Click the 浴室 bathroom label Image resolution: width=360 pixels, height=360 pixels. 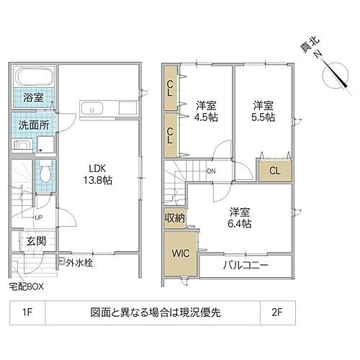pos(32,97)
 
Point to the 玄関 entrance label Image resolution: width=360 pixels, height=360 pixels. pos(36,241)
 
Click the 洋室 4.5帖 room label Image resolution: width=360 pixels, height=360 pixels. pos(207,111)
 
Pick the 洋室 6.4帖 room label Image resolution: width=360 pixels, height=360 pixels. pos(240,217)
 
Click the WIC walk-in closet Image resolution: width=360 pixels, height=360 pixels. pos(179,253)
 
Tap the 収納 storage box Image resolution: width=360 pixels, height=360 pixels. pos(175,217)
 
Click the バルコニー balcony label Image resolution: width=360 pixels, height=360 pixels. pos(245,266)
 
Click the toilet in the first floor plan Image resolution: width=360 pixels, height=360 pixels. pos(44,172)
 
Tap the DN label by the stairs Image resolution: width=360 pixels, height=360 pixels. pos(211,171)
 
